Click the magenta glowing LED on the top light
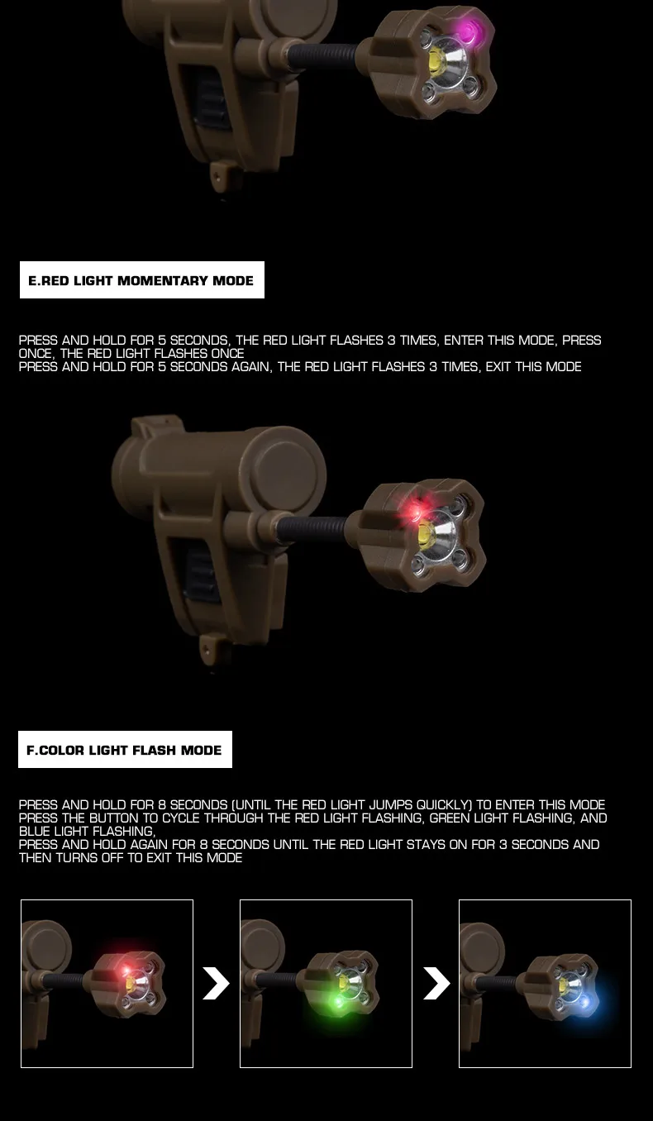(469, 31)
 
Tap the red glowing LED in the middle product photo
(414, 510)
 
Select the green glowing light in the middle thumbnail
(339, 1002)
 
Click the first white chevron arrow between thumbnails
(216, 984)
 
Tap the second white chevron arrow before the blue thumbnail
(436, 984)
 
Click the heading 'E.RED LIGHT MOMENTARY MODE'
(141, 280)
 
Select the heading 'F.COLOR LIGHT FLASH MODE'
(124, 750)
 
